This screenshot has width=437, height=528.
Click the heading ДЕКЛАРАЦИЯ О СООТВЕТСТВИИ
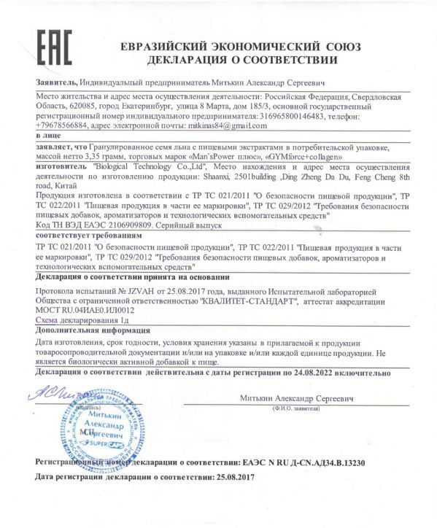241,59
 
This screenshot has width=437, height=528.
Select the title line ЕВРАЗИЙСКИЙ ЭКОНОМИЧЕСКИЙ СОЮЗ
241,44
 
